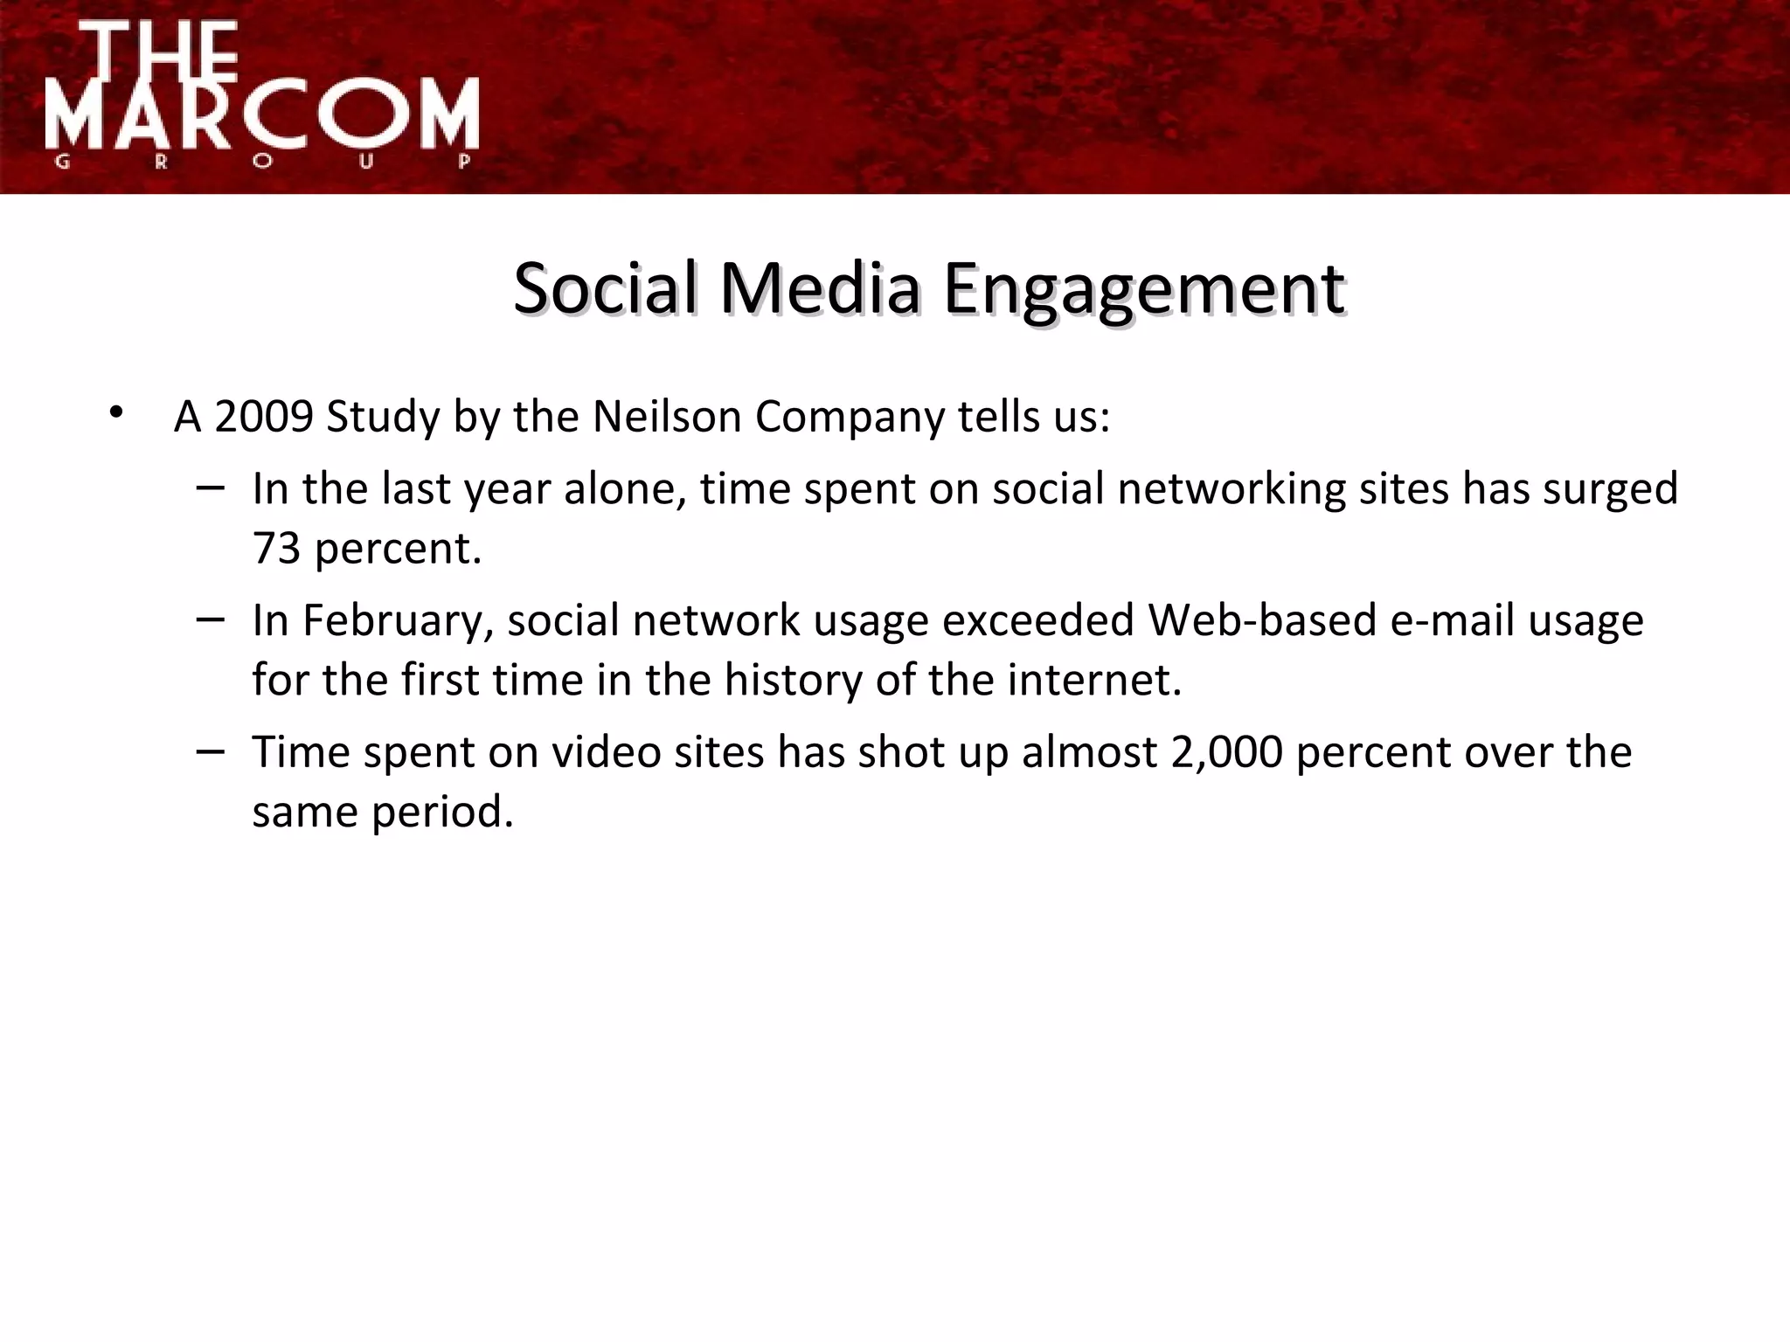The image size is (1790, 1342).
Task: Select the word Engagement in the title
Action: coord(1144,290)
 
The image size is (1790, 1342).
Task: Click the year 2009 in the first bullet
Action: coord(263,417)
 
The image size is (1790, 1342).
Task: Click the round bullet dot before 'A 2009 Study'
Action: coord(116,412)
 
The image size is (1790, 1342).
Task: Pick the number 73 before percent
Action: coord(276,549)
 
